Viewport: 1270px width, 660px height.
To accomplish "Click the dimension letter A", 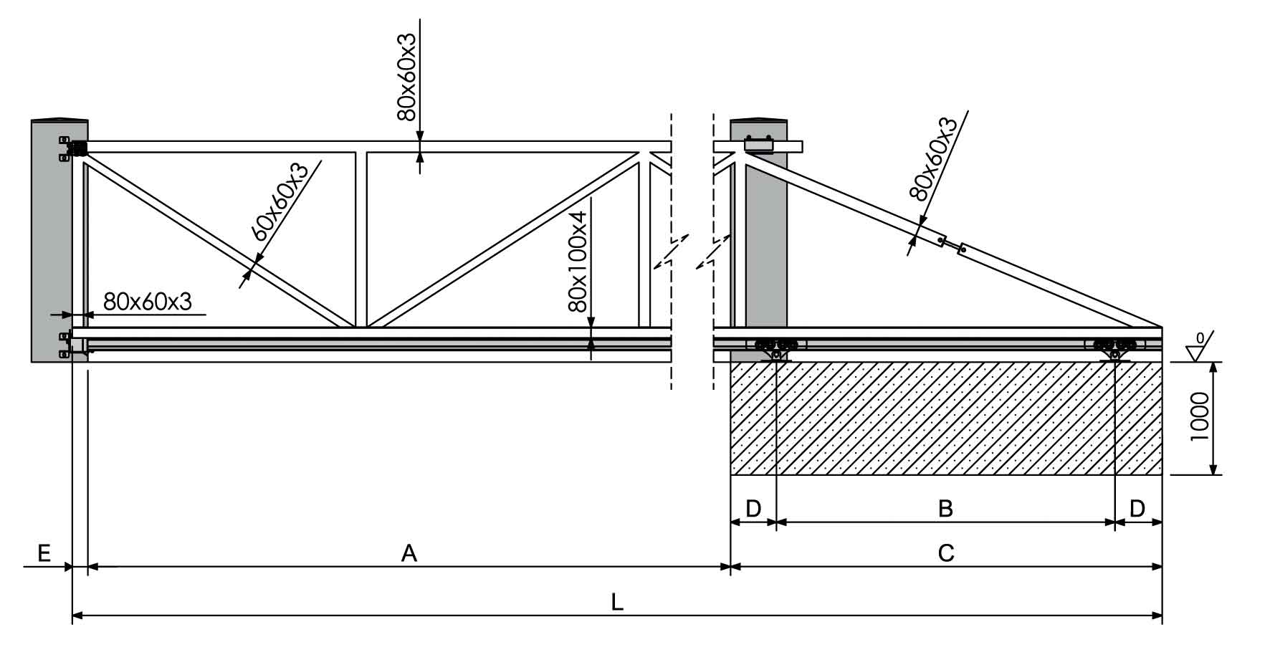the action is click(x=409, y=553).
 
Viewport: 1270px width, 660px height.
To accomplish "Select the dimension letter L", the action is click(x=617, y=602).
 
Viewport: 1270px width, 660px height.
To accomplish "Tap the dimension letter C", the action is click(x=946, y=553).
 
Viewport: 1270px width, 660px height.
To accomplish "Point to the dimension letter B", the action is click(x=946, y=509).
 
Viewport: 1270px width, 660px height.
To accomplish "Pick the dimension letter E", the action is click(x=44, y=553).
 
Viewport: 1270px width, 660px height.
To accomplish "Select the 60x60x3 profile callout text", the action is click(x=279, y=203).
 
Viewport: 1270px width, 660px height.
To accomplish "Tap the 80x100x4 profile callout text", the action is click(x=578, y=255).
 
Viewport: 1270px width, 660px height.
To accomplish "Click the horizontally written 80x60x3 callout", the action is click(x=148, y=302).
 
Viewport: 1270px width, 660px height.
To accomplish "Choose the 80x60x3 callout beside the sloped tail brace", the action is click(x=932, y=158).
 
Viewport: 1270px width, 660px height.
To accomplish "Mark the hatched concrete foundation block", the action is click(x=946, y=419).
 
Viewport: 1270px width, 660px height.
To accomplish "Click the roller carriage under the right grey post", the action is click(x=776, y=348).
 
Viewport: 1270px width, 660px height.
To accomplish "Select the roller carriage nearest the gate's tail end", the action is click(x=1115, y=348).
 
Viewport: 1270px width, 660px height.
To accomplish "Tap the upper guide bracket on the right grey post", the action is click(x=758, y=144).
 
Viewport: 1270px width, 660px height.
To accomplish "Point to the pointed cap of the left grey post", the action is click(x=59, y=119).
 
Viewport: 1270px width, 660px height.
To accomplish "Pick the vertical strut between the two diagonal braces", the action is click(x=361, y=239).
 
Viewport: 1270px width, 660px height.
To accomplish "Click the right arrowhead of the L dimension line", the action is click(x=1157, y=615).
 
